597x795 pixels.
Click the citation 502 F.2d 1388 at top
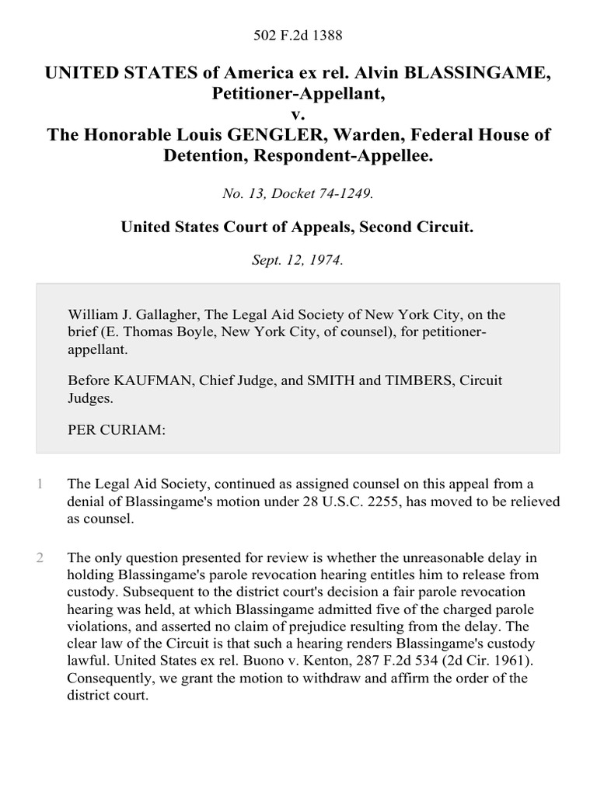[298, 35]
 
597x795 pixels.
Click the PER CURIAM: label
[117, 429]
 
